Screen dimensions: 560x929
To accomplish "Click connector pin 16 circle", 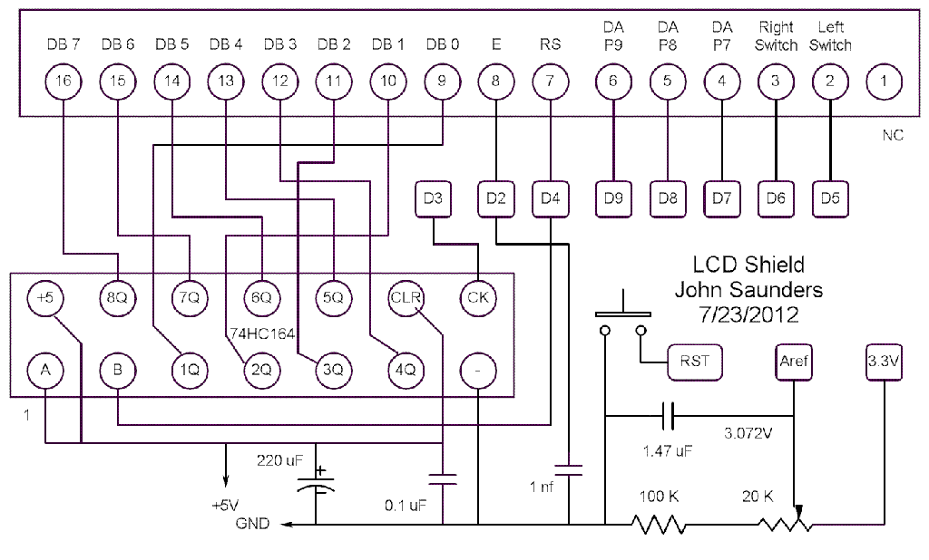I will [63, 81].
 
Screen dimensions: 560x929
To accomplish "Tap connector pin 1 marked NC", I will [884, 81].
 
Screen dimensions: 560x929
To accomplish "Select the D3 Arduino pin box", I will [433, 198].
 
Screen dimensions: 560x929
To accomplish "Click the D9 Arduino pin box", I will [612, 198].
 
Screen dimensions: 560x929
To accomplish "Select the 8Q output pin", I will [117, 296].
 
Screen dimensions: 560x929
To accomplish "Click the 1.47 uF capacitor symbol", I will [668, 417].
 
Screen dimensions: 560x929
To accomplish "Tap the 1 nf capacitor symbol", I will [569, 471].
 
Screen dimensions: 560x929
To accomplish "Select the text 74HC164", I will [255, 333].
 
